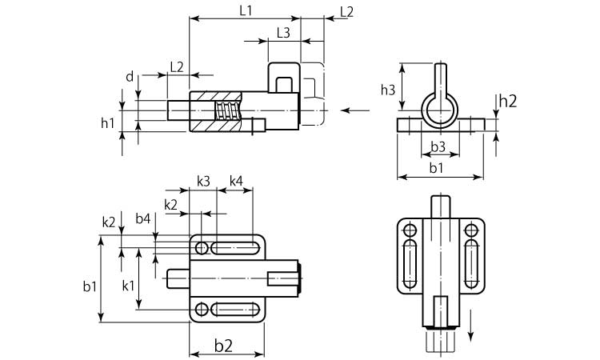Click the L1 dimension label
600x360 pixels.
[246, 10]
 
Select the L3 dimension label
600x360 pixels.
[283, 34]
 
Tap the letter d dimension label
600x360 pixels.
[130, 77]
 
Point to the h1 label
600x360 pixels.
[107, 123]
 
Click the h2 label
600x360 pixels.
[508, 101]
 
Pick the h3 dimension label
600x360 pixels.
[388, 90]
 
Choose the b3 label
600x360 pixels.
[438, 146]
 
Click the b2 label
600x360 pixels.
[223, 346]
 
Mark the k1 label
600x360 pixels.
[128, 285]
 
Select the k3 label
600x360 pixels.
[203, 181]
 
